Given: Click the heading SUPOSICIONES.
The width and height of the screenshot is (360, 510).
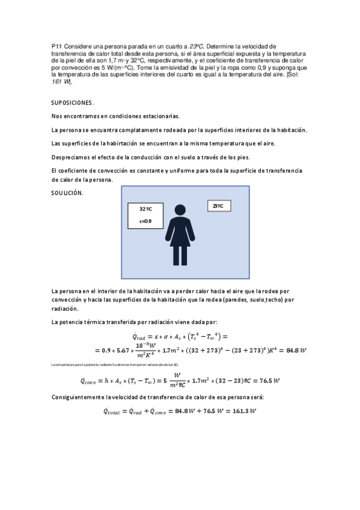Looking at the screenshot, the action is [73, 102].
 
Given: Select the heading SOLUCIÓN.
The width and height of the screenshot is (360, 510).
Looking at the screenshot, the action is [67, 192].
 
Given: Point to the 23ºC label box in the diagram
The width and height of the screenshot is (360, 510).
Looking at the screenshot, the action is [218, 206].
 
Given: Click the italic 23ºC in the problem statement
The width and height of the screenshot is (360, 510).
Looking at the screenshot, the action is [198, 46].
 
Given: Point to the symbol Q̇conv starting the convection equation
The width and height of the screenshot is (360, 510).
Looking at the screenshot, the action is [93, 380].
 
